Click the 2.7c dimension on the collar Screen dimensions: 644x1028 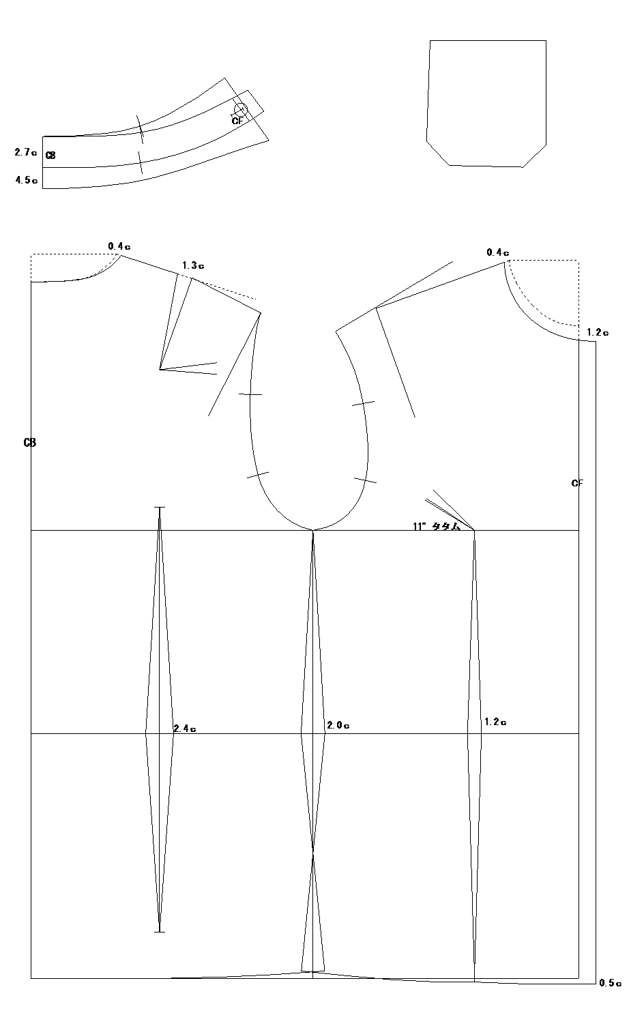pyautogui.click(x=26, y=152)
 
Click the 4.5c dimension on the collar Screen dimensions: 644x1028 pyautogui.click(x=27, y=180)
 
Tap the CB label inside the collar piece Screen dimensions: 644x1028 pyautogui.click(x=50, y=156)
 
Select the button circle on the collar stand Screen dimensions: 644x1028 pyautogui.click(x=241, y=109)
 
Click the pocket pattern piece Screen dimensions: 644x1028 pyautogui.click(x=486, y=103)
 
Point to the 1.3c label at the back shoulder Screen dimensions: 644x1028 pyautogui.click(x=193, y=265)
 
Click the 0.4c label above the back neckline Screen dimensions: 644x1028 pyautogui.click(x=119, y=246)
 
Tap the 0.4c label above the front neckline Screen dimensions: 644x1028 pyautogui.click(x=498, y=252)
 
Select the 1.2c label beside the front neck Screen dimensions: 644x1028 pyautogui.click(x=598, y=332)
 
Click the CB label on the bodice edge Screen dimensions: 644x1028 pyautogui.click(x=30, y=443)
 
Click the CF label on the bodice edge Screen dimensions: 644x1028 pyautogui.click(x=577, y=483)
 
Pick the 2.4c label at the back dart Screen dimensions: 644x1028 pyautogui.click(x=185, y=729)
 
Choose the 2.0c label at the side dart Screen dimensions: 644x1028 pyautogui.click(x=338, y=725)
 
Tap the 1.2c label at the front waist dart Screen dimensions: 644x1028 pyautogui.click(x=496, y=722)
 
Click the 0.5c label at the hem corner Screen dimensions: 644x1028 pyautogui.click(x=611, y=982)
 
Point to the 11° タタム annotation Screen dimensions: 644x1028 pyautogui.click(x=437, y=527)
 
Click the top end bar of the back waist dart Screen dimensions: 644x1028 pyautogui.click(x=159, y=507)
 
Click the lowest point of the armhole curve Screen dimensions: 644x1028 pyautogui.click(x=312, y=530)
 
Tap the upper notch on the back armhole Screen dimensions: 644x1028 pyautogui.click(x=250, y=394)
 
